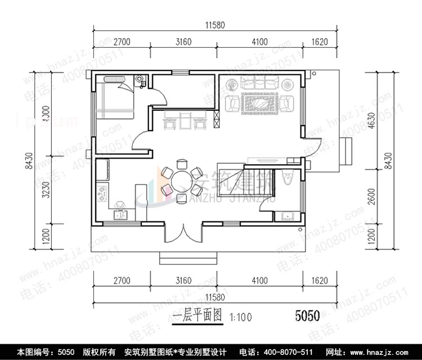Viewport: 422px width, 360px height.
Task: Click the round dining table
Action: [181, 181]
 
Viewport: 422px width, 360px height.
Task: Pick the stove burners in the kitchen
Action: [102, 194]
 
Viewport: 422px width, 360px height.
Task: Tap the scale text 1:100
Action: [241, 317]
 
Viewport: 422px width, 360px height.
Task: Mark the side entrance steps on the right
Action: [344, 151]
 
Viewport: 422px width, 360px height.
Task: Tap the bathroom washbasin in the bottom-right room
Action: [284, 216]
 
